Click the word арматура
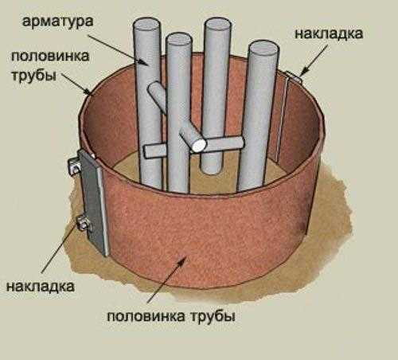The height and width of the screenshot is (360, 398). [58, 22]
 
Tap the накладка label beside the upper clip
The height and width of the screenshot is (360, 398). [329, 34]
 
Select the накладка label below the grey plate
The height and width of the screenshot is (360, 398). [41, 287]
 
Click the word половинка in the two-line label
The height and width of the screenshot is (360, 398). [50, 56]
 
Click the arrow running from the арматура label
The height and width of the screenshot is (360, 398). [119, 49]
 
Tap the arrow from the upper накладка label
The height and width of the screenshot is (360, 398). [314, 60]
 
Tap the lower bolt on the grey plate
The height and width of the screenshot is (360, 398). [84, 223]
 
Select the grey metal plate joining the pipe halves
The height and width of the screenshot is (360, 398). [93, 203]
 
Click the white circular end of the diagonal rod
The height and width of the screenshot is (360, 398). [199, 145]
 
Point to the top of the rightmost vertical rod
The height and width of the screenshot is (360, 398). [263, 49]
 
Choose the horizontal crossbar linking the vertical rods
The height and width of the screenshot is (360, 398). [193, 147]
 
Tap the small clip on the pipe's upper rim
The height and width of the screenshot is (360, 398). [293, 76]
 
